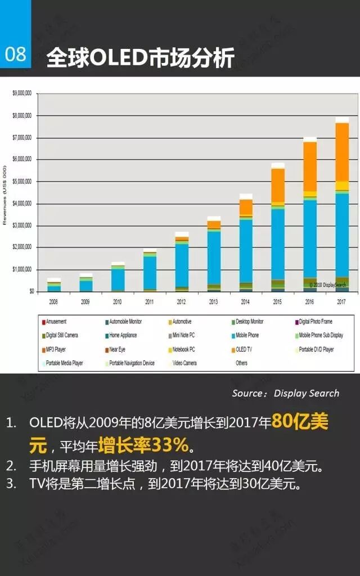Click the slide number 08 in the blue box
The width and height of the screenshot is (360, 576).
point(16,55)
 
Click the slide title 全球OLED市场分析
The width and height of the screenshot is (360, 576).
point(140,57)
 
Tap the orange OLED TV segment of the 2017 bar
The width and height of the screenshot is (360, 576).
point(341,152)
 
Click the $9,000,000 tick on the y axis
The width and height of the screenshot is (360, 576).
point(21,94)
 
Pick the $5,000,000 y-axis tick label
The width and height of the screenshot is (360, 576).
point(21,182)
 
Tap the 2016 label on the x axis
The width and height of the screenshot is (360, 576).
point(309,301)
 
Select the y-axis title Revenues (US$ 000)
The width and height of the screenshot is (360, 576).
point(5,195)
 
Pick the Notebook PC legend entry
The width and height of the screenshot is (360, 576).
point(184,349)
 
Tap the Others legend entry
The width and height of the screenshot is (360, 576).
point(241,363)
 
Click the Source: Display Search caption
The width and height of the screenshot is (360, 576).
point(286,393)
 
